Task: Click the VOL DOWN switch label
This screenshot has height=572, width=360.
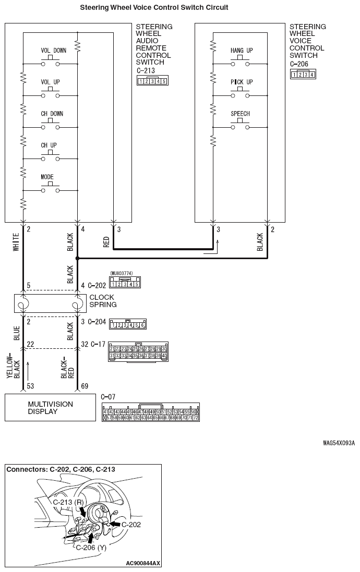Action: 53,51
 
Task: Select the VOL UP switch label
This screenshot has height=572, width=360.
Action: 51,82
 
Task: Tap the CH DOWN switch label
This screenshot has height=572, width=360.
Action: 52,114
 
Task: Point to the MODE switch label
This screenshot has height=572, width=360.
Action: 47,177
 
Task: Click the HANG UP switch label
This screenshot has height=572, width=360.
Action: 241,51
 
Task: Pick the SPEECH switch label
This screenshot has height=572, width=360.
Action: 240,114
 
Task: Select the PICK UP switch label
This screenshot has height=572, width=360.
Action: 241,82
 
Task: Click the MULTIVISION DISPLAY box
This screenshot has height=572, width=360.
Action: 50,407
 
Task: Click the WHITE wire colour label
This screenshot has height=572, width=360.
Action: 16,244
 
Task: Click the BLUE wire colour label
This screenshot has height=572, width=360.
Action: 16,333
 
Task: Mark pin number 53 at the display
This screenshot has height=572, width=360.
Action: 30,386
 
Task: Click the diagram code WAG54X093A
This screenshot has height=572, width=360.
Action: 339,443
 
